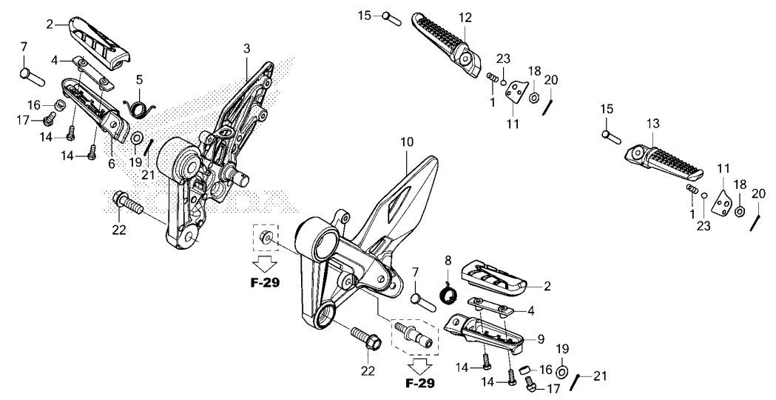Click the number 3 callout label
[246, 48]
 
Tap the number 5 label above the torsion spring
[139, 79]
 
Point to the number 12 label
[465, 16]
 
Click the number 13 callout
[652, 124]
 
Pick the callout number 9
[540, 339]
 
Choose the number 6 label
[112, 164]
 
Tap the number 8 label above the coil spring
[448, 260]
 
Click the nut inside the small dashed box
[266, 238]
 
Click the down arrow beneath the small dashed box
[266, 264]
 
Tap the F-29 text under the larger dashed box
[419, 384]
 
